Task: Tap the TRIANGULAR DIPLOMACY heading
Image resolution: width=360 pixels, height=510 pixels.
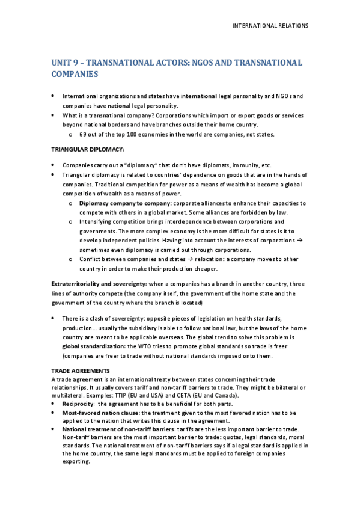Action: tap(79, 149)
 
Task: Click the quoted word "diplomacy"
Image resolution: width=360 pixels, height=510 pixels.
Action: tap(139, 164)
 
